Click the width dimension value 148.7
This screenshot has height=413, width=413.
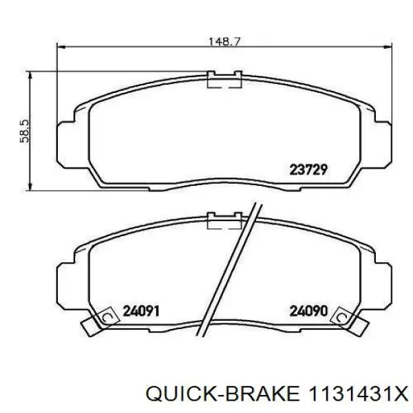click(224, 41)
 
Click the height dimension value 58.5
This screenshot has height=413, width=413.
click(25, 131)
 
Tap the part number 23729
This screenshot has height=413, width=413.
click(308, 169)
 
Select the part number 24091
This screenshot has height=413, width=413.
click(141, 311)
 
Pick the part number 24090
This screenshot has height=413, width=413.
click(308, 311)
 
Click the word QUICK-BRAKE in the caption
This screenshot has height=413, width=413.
click(222, 394)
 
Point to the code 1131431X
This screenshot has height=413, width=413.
click(359, 394)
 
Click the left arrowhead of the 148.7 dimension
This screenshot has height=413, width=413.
click(61, 47)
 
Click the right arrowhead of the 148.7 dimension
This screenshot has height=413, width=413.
click(388, 47)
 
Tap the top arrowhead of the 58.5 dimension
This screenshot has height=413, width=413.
click(30, 76)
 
